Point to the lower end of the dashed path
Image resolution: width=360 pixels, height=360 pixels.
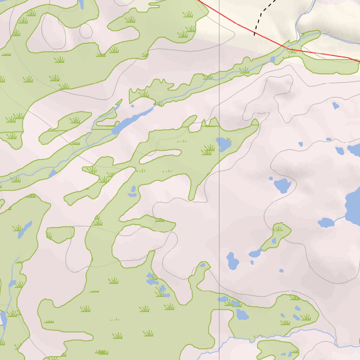pos(255,35)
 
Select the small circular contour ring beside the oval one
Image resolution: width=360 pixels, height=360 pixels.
pos(86,31)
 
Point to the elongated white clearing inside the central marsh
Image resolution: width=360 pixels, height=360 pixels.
pos(160,156)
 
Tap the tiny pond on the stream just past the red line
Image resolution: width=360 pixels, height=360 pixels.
pos(273,59)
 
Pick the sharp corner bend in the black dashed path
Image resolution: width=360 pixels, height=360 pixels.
pos(261,13)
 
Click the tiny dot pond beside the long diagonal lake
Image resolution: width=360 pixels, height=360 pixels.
pos(133,105)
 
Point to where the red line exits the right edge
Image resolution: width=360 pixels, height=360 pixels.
pos(359,62)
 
